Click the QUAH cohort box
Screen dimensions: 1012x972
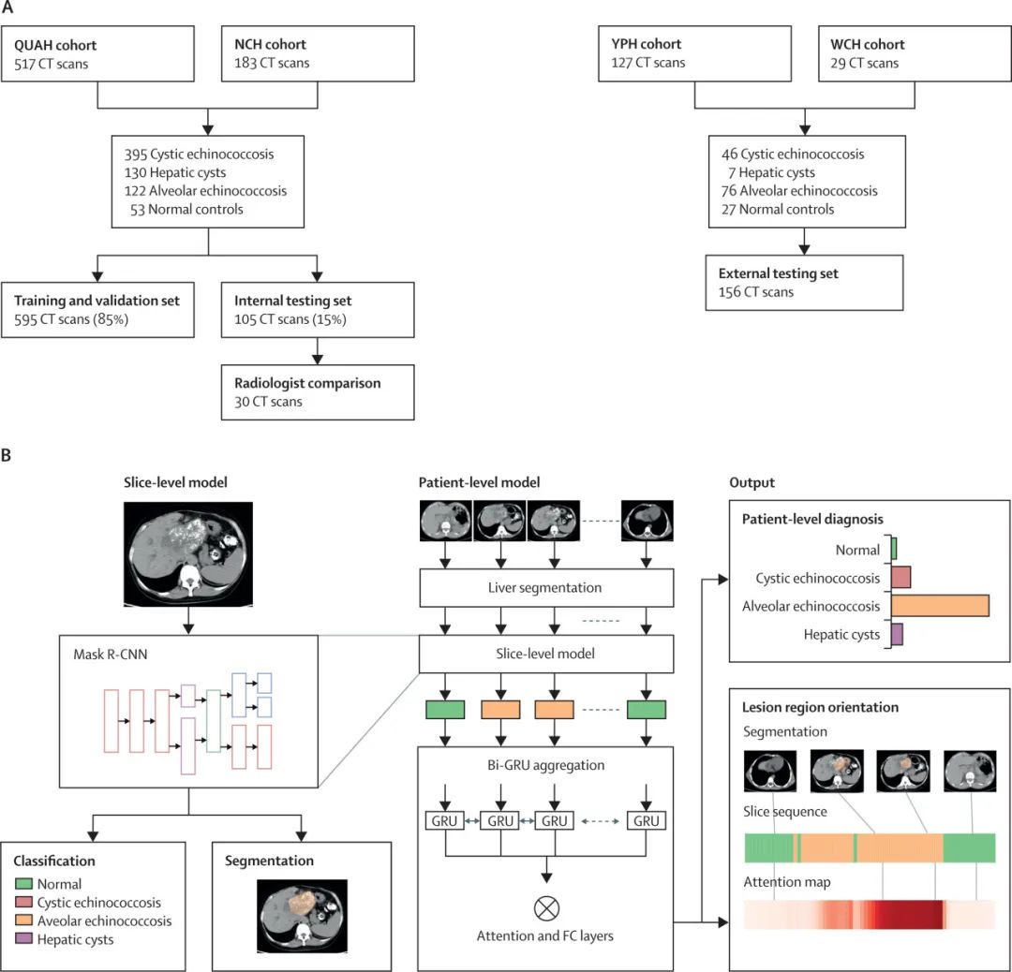pyautogui.click(x=97, y=53)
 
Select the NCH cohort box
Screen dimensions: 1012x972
pyautogui.click(x=318, y=53)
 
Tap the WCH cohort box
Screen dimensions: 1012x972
pyautogui.click(x=915, y=53)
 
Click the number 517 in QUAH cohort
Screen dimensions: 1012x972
pyautogui.click(x=24, y=64)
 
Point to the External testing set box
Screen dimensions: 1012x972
pyautogui.click(x=804, y=283)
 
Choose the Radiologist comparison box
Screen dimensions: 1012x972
pyautogui.click(x=318, y=392)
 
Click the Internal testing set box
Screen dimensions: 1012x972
pyautogui.click(x=318, y=310)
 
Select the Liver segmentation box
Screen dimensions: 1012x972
pyautogui.click(x=546, y=587)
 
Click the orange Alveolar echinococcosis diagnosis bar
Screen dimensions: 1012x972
pyautogui.click(x=940, y=606)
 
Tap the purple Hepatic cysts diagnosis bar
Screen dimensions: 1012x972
pyautogui.click(x=897, y=634)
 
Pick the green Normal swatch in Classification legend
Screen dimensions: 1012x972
pyautogui.click(x=23, y=884)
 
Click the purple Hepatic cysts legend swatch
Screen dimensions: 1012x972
pyautogui.click(x=23, y=938)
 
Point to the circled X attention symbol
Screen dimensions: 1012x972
pyautogui.click(x=546, y=908)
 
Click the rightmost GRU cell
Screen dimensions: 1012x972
pyautogui.click(x=646, y=821)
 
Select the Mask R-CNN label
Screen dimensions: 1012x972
pyautogui.click(x=111, y=654)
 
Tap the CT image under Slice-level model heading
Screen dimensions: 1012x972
pyautogui.click(x=188, y=554)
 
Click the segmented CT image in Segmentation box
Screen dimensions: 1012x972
pyautogui.click(x=302, y=916)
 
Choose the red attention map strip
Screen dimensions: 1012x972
pyautogui.click(x=870, y=915)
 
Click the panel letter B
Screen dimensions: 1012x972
pyautogui.click(x=7, y=455)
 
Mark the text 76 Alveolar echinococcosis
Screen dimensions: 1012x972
pyautogui.click(x=799, y=191)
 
